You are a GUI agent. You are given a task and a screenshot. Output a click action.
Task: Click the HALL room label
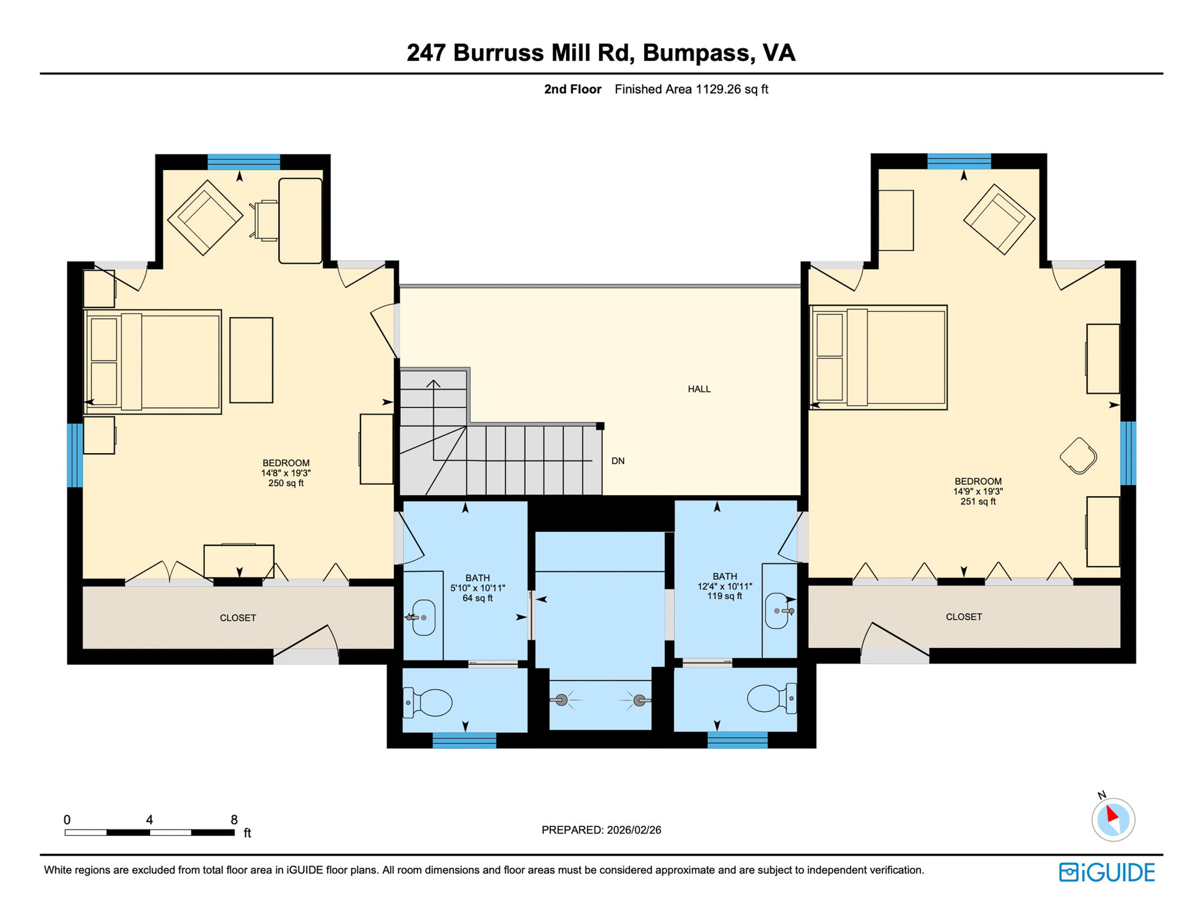(699, 389)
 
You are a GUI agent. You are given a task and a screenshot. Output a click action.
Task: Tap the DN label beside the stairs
(618, 461)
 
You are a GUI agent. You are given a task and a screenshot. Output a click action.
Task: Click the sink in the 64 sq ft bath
(424, 617)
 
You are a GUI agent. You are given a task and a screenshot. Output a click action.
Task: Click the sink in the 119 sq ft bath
(776, 611)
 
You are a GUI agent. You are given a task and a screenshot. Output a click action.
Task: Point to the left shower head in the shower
(561, 699)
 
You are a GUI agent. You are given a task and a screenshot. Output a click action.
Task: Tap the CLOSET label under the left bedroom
(238, 618)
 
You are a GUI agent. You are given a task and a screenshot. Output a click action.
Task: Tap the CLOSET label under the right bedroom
(963, 617)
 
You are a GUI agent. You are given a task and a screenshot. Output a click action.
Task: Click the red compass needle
(1112, 814)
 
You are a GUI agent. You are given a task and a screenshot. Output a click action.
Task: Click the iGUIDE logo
(1106, 872)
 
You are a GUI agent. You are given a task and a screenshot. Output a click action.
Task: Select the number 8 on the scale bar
(234, 820)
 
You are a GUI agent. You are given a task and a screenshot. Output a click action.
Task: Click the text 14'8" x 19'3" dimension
(285, 473)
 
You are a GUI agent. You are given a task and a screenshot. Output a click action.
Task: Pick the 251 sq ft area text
(978, 501)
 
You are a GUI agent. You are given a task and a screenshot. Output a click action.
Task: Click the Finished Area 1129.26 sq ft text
(691, 90)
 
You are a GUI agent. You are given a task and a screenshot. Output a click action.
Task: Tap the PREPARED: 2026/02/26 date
(601, 830)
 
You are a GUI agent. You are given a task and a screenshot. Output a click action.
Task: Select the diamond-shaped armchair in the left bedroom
(204, 217)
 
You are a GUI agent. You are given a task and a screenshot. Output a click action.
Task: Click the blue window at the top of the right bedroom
(958, 161)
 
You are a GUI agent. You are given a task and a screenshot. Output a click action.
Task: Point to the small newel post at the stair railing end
(600, 426)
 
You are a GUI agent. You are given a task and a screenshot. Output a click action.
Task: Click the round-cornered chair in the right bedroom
(1079, 456)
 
